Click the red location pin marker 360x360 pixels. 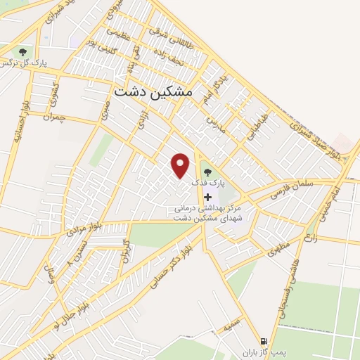(x=181, y=165)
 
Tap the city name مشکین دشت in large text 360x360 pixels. (x=152, y=91)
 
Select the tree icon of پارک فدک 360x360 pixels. (x=206, y=171)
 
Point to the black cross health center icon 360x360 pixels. (x=207, y=197)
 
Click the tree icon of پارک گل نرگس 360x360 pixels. (x=23, y=51)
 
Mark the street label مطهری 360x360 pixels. (x=278, y=247)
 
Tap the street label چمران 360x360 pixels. (x=52, y=113)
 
